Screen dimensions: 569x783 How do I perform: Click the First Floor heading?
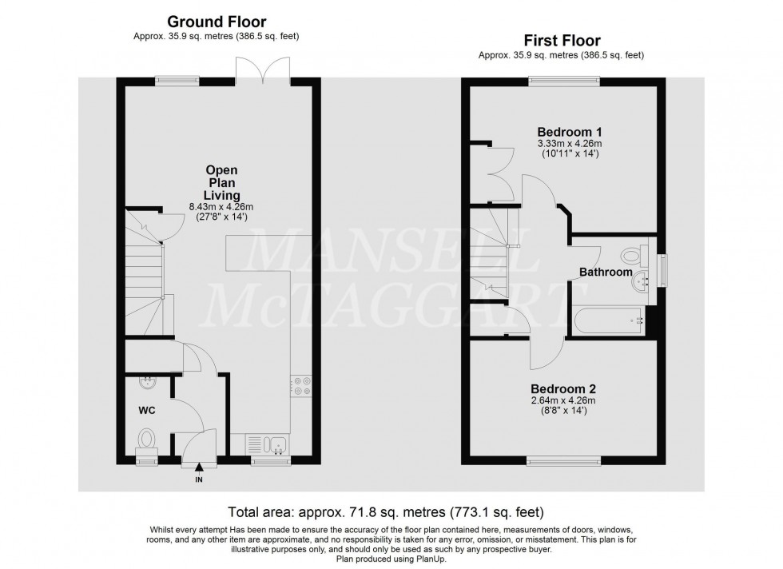(562, 40)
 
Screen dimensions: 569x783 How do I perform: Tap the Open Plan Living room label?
(221, 182)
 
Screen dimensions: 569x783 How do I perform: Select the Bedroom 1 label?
(569, 132)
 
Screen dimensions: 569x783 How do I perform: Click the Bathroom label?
(606, 273)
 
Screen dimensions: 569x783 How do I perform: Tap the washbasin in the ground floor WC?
(146, 383)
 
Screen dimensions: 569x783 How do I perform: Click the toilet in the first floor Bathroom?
(634, 257)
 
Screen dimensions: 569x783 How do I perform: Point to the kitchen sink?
(272, 444)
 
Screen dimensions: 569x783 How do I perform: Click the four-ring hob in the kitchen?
(302, 386)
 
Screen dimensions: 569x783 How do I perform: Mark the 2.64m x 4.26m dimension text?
(563, 400)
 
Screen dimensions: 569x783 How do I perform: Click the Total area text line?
(391, 509)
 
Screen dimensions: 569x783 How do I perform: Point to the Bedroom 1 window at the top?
(564, 79)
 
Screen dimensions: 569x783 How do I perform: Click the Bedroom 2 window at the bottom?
(563, 460)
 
